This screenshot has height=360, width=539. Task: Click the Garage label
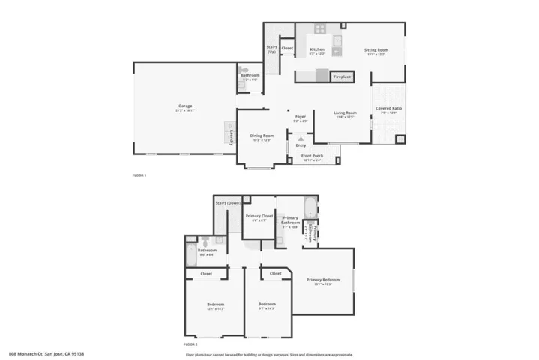click(185, 106)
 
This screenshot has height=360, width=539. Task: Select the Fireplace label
click(342, 76)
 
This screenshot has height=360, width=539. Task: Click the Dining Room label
click(262, 136)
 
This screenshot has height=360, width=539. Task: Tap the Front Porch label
click(312, 156)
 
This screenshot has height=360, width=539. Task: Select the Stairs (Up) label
click(271, 49)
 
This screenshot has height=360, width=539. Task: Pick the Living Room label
click(345, 113)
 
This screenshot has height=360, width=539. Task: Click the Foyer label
click(300, 117)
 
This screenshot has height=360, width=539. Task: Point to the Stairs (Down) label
click(227, 202)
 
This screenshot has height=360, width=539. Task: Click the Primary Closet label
click(259, 216)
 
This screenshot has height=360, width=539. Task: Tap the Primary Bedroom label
click(323, 280)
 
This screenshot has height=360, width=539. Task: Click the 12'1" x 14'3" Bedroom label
click(215, 304)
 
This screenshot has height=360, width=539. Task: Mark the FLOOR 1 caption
click(139, 175)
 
